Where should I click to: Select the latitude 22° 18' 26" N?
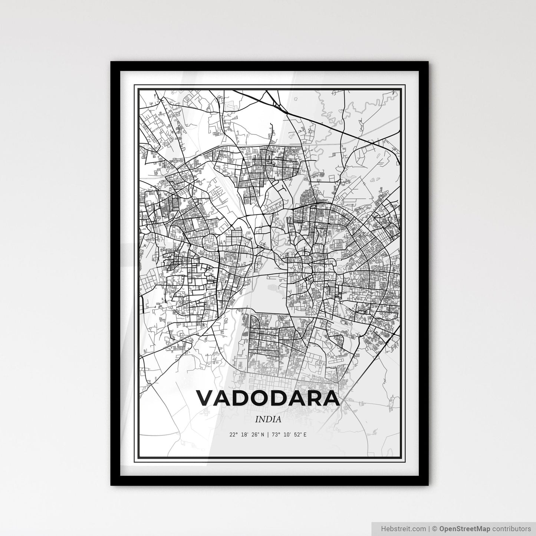point(247,434)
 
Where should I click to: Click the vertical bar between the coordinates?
point(268,434)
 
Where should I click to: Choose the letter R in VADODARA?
point(311,398)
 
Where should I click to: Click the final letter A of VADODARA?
point(330,398)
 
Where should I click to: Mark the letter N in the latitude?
point(262,434)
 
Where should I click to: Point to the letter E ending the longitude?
point(305,434)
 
